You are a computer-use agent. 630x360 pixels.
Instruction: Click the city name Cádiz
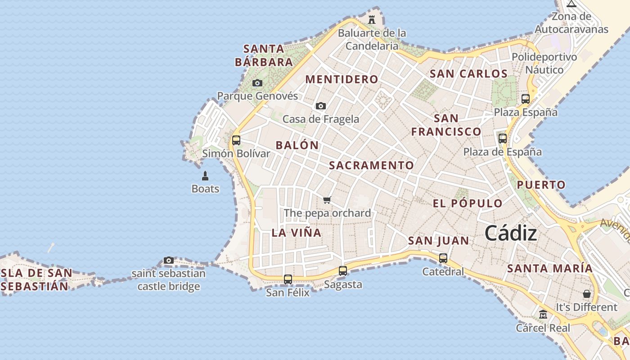[x=511, y=234]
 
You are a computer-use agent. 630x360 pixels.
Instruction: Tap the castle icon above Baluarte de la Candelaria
[x=372, y=20]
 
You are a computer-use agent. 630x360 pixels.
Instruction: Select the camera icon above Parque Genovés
[x=257, y=83]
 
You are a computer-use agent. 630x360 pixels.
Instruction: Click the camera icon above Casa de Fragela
[x=321, y=106]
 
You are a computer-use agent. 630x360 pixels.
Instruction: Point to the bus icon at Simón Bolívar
[x=236, y=140]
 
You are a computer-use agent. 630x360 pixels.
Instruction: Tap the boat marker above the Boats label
[x=205, y=175]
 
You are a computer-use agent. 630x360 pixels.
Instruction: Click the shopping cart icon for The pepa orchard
[x=327, y=200]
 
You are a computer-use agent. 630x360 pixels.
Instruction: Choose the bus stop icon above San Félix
[x=288, y=279]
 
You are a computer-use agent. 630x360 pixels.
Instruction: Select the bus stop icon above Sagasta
[x=343, y=271]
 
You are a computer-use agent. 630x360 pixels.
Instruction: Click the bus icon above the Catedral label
[x=443, y=258]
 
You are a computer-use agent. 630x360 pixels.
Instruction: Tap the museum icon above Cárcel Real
[x=543, y=314]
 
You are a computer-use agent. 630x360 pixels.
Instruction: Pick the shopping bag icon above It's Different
[x=587, y=294]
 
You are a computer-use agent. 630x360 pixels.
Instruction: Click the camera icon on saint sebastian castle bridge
[x=169, y=260]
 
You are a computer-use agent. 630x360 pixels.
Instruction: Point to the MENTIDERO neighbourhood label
[x=342, y=80]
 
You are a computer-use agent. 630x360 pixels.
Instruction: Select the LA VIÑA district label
[x=297, y=233]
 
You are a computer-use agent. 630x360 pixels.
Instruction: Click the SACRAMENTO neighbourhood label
[x=371, y=165]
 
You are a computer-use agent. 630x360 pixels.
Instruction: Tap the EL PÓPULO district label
[x=468, y=203]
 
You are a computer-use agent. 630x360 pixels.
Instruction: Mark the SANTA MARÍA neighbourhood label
[x=550, y=269]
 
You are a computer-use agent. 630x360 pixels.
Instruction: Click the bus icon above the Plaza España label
[x=526, y=99]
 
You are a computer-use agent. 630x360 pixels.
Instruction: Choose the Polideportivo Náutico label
[x=544, y=63]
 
